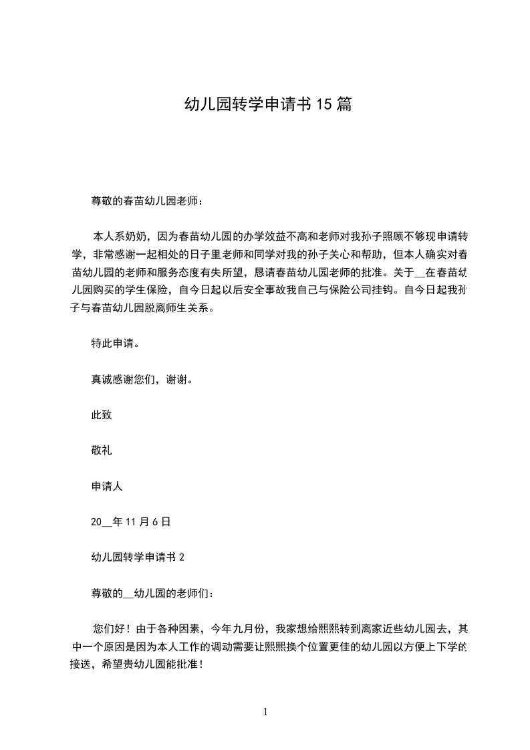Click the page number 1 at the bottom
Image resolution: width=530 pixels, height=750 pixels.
click(x=265, y=712)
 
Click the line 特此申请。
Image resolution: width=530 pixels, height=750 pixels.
click(x=115, y=344)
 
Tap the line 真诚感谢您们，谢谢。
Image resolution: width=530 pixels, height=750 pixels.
click(x=142, y=380)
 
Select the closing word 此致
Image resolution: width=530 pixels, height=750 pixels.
click(x=102, y=415)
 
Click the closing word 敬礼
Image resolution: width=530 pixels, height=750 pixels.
click(x=102, y=451)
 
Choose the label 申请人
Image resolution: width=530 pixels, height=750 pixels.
click(x=107, y=487)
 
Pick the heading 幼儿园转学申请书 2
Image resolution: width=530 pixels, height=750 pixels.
click(x=138, y=557)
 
